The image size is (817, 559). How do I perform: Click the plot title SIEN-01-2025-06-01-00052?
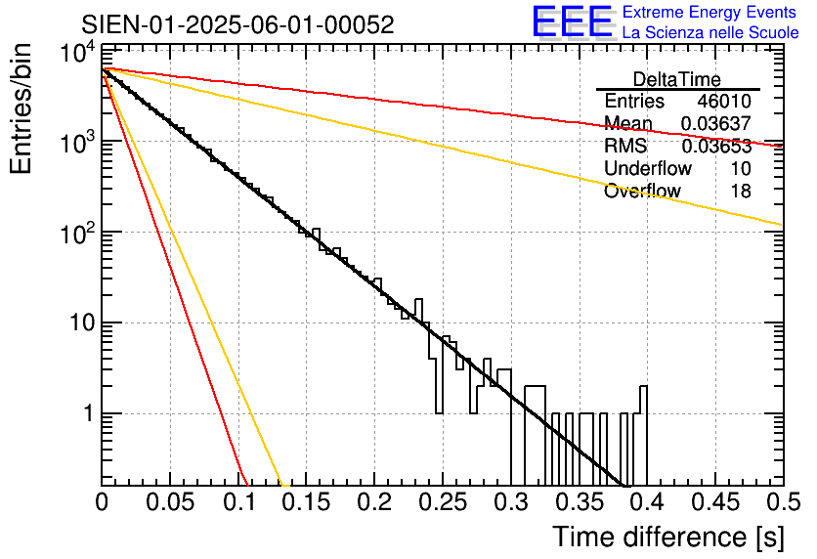click(x=237, y=25)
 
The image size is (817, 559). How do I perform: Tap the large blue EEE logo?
click(x=572, y=23)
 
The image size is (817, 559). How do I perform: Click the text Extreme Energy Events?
click(x=710, y=13)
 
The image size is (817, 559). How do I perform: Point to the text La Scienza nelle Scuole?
click(x=710, y=33)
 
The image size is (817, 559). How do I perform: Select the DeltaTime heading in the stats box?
click(x=677, y=79)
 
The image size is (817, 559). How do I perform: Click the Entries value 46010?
click(x=724, y=102)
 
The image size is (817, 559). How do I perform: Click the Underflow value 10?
click(x=740, y=168)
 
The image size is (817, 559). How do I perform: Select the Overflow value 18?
click(x=740, y=191)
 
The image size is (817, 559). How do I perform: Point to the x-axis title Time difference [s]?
click(x=666, y=537)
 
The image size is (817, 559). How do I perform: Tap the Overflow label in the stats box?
click(x=642, y=191)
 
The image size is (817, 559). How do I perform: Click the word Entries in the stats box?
click(x=634, y=102)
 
